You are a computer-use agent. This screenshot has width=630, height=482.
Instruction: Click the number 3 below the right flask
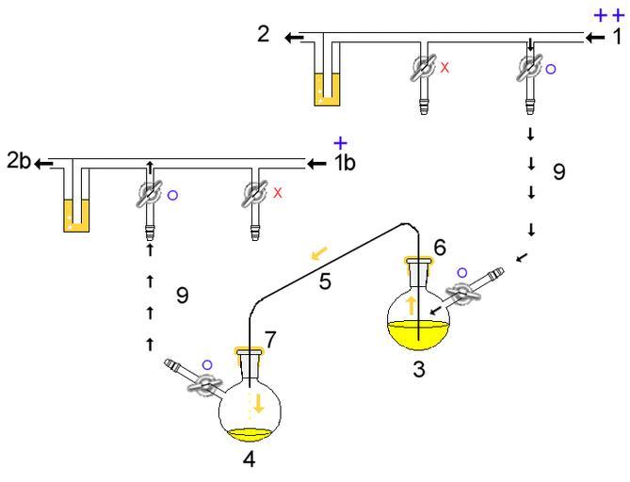[419, 371]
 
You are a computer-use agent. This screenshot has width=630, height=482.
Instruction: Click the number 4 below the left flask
[248, 461]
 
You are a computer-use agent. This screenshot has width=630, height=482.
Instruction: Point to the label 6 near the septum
[439, 247]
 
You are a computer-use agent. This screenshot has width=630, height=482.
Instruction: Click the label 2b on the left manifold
[15, 163]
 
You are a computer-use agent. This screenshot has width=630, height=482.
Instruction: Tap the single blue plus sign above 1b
[340, 143]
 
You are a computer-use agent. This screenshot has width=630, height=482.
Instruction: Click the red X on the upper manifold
[445, 69]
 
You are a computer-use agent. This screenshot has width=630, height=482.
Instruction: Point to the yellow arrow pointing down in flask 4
[257, 406]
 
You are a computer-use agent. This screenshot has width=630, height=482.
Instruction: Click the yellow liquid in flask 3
[418, 333]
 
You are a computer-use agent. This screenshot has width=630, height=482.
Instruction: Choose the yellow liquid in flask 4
[250, 434]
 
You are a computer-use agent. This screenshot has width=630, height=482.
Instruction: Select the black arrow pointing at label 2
[294, 38]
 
